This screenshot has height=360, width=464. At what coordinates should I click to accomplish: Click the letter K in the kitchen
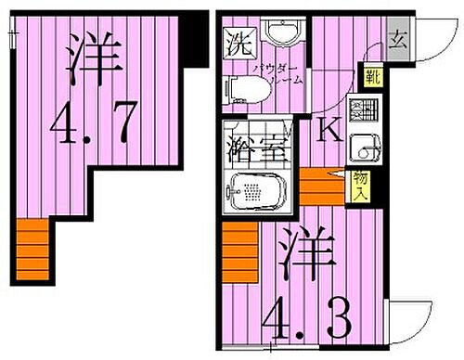328,129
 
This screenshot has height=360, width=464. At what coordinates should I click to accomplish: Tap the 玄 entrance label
396,40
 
